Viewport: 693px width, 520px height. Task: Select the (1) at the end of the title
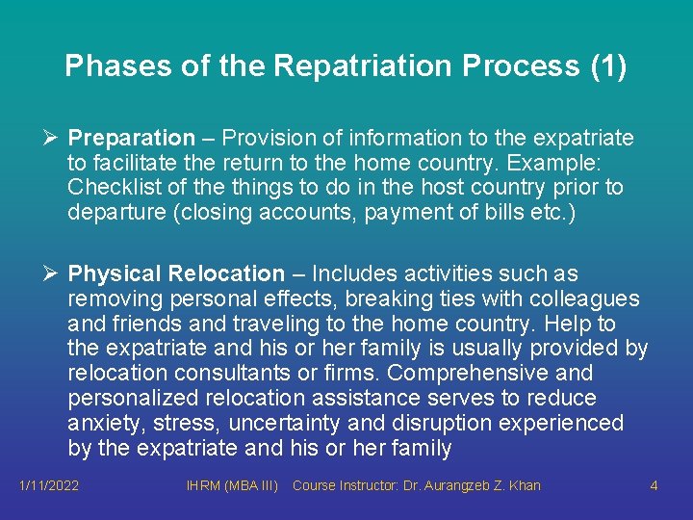(606, 66)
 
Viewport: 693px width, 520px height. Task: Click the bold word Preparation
(131, 139)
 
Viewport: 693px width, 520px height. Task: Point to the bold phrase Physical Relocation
(176, 274)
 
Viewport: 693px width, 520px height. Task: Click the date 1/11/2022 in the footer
(49, 485)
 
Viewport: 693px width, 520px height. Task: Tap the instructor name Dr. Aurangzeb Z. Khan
(476, 485)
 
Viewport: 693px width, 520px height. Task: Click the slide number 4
(654, 485)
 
